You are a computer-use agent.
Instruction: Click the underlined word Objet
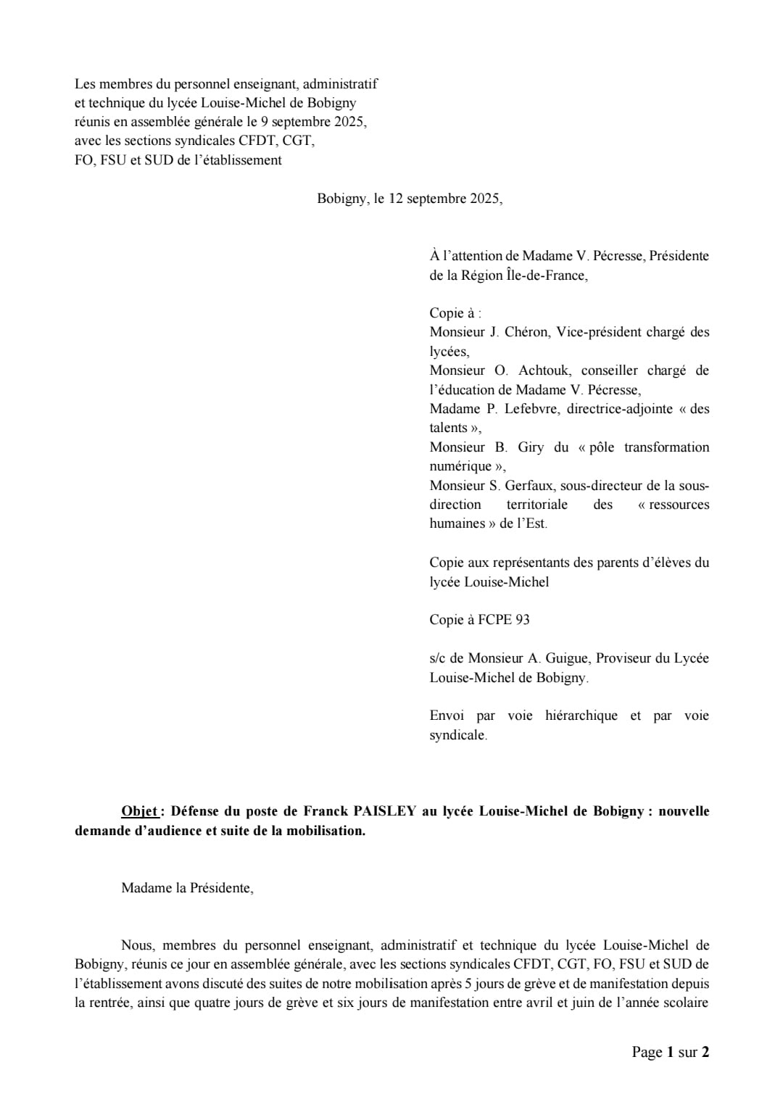pos(139,811)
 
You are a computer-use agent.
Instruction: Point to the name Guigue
pos(558,658)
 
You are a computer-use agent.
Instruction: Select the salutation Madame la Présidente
pos(187,887)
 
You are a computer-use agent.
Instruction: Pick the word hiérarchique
pos(582,716)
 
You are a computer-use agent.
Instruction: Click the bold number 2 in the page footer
pos(705,1052)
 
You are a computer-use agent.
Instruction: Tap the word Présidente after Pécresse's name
pos(679,255)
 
